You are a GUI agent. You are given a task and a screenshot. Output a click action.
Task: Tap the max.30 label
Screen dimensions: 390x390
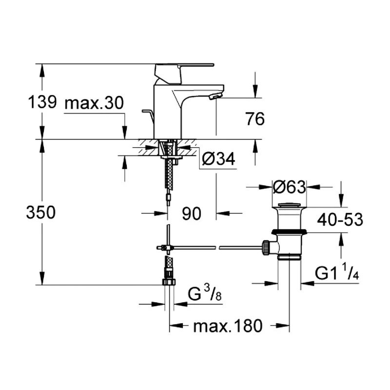coord(94,103)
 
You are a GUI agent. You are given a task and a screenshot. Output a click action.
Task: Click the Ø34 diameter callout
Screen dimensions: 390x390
coord(218,159)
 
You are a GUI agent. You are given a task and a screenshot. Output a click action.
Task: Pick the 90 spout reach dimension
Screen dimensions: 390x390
coord(192,213)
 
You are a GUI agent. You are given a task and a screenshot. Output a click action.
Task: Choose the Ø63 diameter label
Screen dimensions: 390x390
coord(289,186)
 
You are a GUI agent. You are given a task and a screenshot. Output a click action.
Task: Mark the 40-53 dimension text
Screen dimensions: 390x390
coord(339,220)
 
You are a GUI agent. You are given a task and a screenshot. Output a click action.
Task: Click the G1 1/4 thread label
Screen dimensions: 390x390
coord(337,273)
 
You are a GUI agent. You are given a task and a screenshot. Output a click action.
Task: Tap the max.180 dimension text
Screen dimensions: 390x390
coord(228,325)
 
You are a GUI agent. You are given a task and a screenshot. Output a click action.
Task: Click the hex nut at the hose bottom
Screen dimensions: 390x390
coord(169,281)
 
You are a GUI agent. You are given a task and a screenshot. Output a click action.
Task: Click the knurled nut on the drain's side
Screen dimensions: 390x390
coord(266,247)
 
